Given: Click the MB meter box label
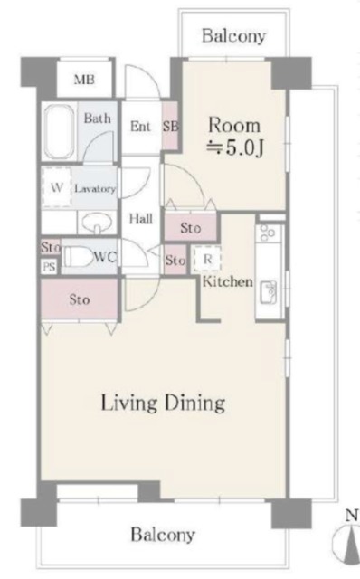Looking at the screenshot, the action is point(84,80).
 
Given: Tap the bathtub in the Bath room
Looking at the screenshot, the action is point(59,130).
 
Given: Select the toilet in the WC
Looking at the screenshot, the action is point(77,257).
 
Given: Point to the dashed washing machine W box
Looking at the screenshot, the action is point(56,187).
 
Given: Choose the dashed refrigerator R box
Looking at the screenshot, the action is point(207,260).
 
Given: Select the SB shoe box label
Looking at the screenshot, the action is point(171,127).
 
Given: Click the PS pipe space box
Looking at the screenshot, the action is point(49,266).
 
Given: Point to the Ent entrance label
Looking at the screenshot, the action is point(140,127).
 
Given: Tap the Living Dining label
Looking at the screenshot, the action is point(163,403).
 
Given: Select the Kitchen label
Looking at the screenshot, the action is point(228,281).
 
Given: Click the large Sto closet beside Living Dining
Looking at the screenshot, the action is point(80,299).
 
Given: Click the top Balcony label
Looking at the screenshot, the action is point(233,36).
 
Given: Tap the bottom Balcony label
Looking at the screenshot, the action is point(163,535).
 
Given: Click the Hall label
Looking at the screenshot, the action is point(140,219).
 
